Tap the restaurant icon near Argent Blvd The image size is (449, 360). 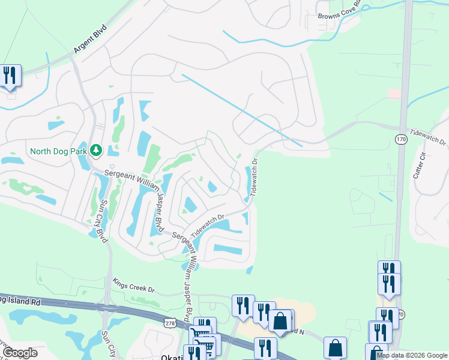10,76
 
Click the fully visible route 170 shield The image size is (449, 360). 401,139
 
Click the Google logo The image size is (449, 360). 20,353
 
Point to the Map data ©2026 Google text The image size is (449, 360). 412,356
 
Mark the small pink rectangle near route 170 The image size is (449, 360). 394,94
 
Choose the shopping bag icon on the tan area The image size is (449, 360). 280,321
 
